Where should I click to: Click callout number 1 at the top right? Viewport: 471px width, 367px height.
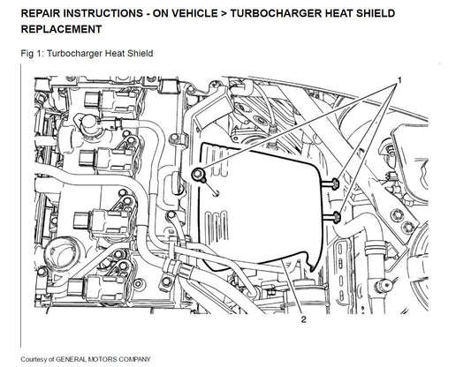[399, 80]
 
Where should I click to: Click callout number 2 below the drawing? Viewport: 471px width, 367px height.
[303, 319]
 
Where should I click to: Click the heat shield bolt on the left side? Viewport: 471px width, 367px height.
[198, 175]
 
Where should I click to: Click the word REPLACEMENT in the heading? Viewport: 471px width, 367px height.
[62, 29]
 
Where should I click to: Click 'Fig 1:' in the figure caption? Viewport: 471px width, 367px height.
[32, 54]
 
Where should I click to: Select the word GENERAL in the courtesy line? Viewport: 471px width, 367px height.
[70, 359]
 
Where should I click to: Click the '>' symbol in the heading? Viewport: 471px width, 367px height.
[224, 13]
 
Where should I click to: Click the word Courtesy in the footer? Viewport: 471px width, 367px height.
[34, 360]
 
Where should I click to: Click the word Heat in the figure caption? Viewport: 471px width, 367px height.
[114, 53]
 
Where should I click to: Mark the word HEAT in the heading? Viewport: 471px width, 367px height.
[330, 13]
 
